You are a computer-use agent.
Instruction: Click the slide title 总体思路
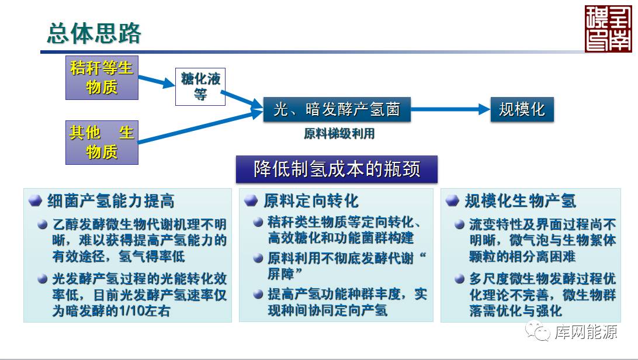pyautogui.click(x=94, y=33)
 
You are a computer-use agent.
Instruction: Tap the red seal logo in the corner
pyautogui.click(x=608, y=29)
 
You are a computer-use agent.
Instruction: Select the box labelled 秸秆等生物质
pyautogui.click(x=102, y=78)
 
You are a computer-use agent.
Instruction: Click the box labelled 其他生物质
pyautogui.click(x=102, y=142)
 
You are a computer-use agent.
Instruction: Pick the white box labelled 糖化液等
pyautogui.click(x=200, y=87)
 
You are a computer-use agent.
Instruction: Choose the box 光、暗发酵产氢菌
pyautogui.click(x=337, y=109)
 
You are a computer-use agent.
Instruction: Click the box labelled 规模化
pyautogui.click(x=522, y=109)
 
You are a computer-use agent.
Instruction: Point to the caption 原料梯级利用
pyautogui.click(x=339, y=134)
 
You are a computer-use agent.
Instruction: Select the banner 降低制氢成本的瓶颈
pyautogui.click(x=337, y=169)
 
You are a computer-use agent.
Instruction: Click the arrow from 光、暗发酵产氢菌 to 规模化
pyautogui.click(x=450, y=109)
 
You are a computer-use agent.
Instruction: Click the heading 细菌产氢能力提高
pyautogui.click(x=110, y=202)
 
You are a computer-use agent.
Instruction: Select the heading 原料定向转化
pyautogui.click(x=310, y=201)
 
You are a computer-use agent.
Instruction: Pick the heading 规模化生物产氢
pyautogui.click(x=520, y=201)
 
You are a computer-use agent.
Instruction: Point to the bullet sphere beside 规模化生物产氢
pyautogui.click(x=452, y=201)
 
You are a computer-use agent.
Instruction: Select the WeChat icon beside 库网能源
pyautogui.click(x=536, y=331)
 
